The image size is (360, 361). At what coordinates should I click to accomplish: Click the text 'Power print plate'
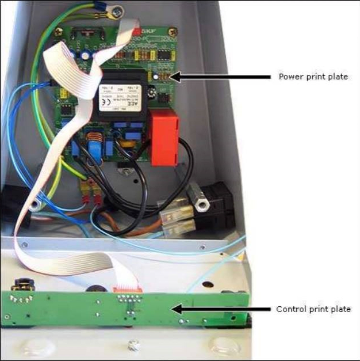click(x=313, y=77)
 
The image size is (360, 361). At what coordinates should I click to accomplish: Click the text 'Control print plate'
click(x=313, y=309)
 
